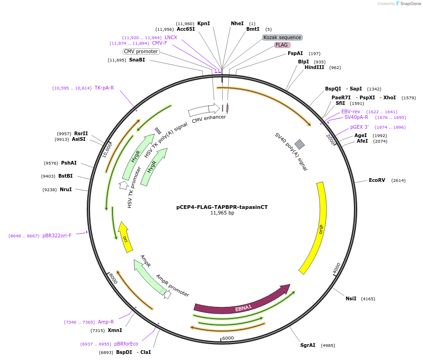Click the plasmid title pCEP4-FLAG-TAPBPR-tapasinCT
pyautogui.click(x=222, y=207)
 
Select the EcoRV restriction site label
pyautogui.click(x=377, y=180)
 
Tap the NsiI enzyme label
pyautogui.click(x=351, y=298)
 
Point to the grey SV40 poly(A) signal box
pyautogui.click(x=299, y=145)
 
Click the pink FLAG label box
pyautogui.click(x=282, y=45)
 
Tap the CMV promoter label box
pyautogui.click(x=141, y=51)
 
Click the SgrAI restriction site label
pyautogui.click(x=308, y=345)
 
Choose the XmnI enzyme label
pyautogui.click(x=115, y=330)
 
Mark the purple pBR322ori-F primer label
pyautogui.click(x=57, y=236)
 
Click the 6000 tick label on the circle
pyautogui.click(x=228, y=338)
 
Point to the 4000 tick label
pyautogui.click(x=337, y=268)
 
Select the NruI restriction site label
pyautogui.click(x=66, y=189)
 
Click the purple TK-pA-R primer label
pyautogui.click(x=104, y=88)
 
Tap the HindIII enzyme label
pyautogui.click(x=316, y=67)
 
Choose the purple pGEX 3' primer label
pyautogui.click(x=360, y=127)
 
